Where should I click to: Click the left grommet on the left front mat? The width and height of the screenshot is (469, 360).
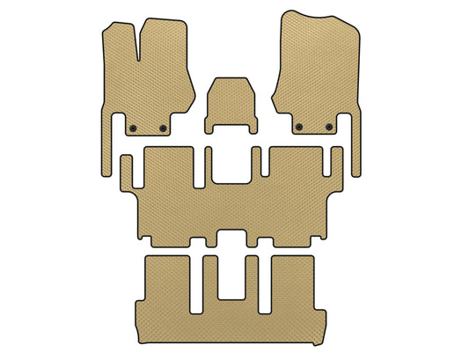click(x=132, y=129)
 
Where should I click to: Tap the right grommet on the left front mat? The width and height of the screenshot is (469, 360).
click(x=163, y=129)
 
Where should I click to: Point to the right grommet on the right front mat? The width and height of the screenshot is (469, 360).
click(x=329, y=128)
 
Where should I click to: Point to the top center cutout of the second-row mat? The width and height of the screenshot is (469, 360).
click(x=232, y=168)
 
